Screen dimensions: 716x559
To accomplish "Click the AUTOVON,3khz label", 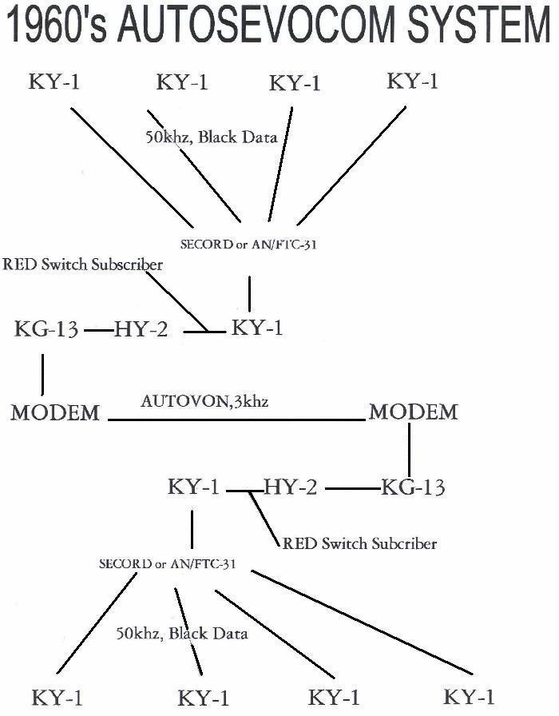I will [204, 401].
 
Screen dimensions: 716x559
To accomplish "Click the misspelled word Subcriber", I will [402, 543].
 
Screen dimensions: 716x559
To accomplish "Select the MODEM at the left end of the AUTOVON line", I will [55, 413].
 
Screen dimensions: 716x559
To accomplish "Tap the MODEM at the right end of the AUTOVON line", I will [413, 412].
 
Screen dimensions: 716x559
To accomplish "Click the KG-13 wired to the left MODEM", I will [46, 329].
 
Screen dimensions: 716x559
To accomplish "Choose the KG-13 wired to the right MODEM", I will [413, 487].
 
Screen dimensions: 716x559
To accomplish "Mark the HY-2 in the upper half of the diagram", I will [141, 329].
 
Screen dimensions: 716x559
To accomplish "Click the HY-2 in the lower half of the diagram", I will [290, 487].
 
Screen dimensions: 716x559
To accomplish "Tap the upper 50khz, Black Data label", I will [211, 137].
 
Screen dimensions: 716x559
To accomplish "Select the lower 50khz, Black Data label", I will [182, 634].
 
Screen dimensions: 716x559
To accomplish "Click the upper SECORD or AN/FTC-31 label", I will [243, 245].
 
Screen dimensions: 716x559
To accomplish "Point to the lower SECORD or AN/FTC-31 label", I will [172, 563].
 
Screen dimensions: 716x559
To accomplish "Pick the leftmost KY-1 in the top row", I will [54, 82].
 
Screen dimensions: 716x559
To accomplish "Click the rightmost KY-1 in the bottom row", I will [470, 697].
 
